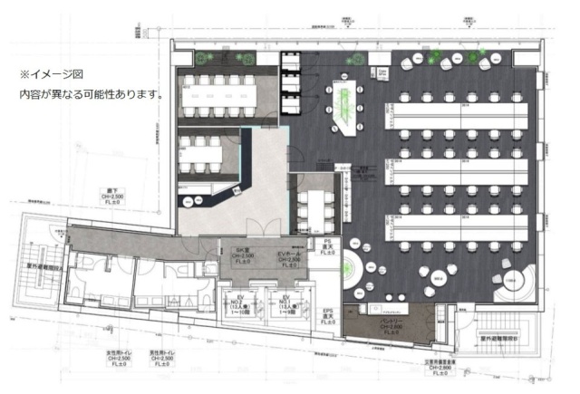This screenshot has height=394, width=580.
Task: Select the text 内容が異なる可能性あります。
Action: click(91, 93)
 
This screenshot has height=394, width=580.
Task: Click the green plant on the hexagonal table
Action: click(344, 97)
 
